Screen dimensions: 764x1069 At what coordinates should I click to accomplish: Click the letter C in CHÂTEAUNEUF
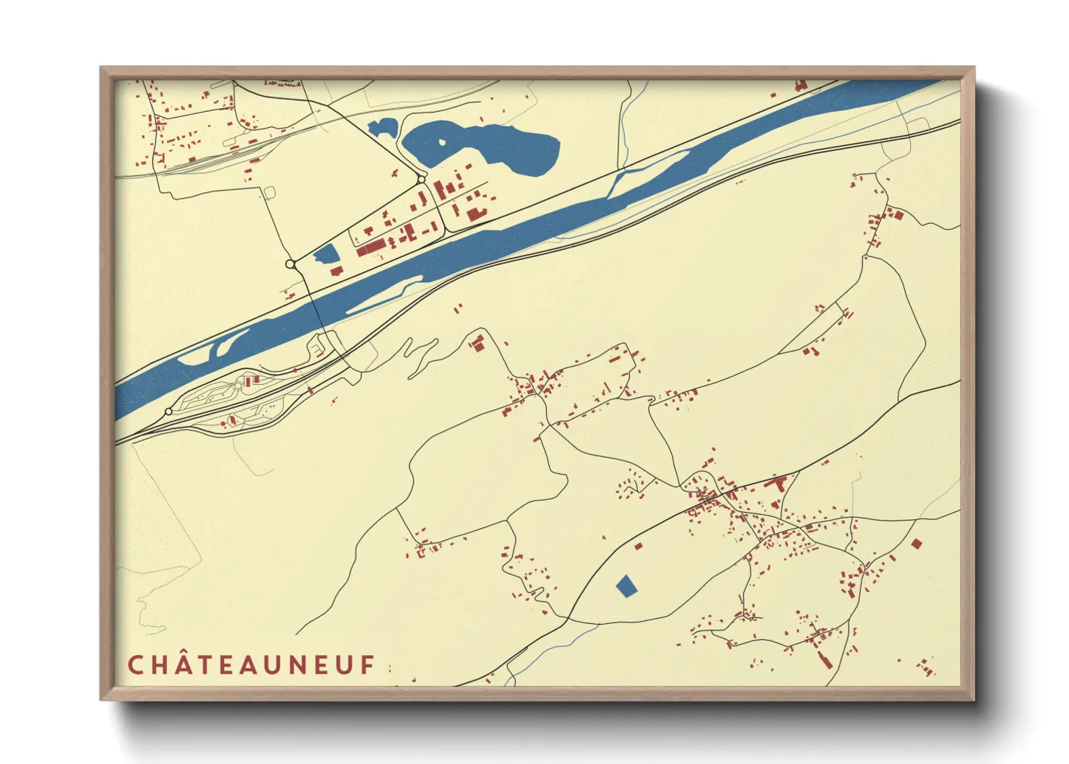click(135, 665)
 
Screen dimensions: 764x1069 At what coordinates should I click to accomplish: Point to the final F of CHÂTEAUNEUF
click(368, 665)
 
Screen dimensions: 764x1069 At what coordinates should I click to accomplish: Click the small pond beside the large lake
click(381, 129)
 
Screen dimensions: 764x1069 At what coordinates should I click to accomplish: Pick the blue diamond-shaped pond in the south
click(627, 586)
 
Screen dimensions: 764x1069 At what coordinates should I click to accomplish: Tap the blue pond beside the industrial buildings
click(326, 253)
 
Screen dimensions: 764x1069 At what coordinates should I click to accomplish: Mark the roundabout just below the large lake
click(422, 178)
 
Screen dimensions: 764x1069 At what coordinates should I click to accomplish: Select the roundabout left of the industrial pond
click(291, 264)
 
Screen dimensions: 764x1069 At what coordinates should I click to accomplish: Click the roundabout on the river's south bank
click(168, 412)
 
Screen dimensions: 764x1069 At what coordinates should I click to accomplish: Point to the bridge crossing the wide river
click(319, 311)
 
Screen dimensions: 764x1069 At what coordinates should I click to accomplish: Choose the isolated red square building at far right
click(916, 544)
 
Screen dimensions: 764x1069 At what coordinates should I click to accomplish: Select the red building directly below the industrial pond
click(337, 272)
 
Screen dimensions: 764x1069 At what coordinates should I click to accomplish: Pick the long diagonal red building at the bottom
click(825, 658)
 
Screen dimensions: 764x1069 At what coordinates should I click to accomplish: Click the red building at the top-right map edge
click(800, 85)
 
